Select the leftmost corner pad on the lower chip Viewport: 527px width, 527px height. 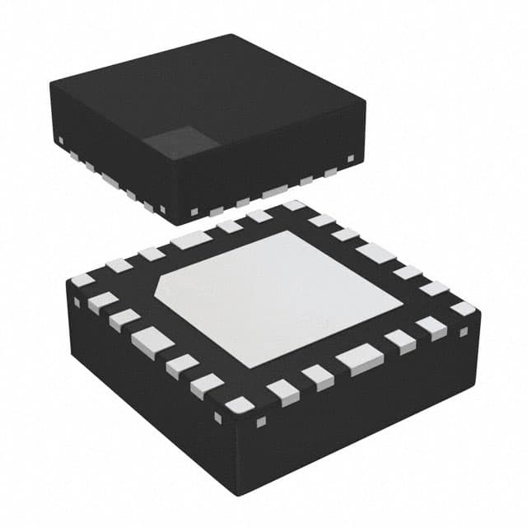(83, 280)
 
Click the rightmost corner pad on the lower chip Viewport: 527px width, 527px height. (463, 309)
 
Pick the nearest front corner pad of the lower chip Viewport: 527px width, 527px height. (239, 404)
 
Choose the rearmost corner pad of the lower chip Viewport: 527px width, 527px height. (294, 206)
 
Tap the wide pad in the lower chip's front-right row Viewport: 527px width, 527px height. (358, 357)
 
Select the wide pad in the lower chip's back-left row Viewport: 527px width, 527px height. (192, 240)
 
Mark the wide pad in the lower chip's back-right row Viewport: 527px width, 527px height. (376, 253)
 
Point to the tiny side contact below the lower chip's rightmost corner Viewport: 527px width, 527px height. (463, 331)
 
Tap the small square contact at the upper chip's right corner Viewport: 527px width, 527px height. (351, 157)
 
